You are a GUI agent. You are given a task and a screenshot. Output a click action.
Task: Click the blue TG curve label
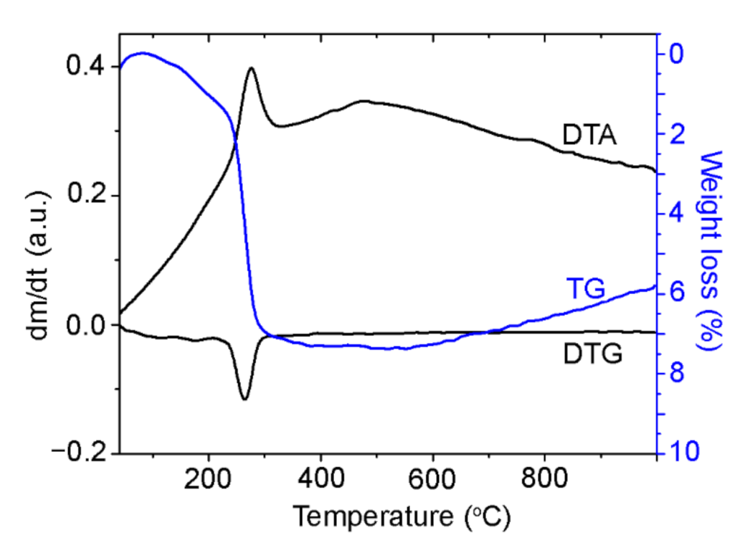pos(586,288)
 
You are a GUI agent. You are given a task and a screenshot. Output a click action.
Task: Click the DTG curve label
pos(592,353)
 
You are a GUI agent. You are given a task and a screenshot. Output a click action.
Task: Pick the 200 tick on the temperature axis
pos(209,478)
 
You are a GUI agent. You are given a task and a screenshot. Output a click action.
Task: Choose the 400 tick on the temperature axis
pos(321,478)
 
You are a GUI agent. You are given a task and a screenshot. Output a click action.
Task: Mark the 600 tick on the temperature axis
pos(432,478)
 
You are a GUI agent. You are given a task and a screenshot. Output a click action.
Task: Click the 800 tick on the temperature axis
pos(545,478)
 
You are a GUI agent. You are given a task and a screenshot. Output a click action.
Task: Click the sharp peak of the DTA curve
pos(251,68)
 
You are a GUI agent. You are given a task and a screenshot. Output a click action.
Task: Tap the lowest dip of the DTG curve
pos(245,399)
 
